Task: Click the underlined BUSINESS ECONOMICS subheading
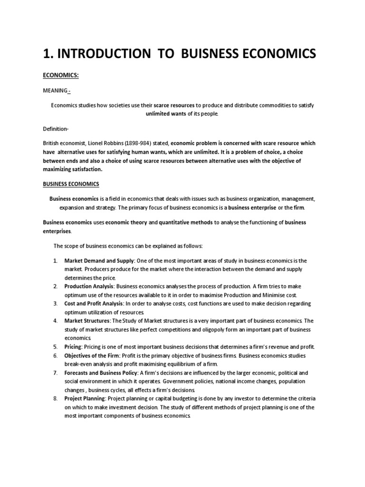point(71,184)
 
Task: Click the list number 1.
point(55,261)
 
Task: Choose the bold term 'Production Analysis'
point(89,286)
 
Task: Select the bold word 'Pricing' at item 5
point(73,346)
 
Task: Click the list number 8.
point(55,398)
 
